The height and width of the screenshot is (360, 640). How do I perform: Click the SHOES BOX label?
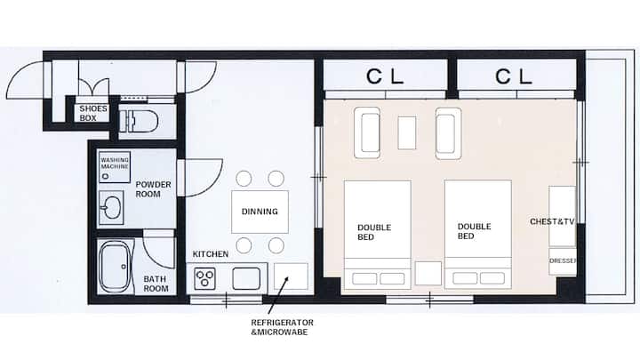pos(93,113)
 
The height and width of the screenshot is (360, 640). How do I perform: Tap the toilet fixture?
pos(139,121)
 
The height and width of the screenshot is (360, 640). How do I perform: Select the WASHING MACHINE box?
pos(115,167)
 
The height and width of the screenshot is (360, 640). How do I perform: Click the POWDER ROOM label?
pos(153,189)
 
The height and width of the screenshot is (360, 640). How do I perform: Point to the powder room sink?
pos(111,208)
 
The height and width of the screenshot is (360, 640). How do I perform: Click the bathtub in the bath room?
pos(115,267)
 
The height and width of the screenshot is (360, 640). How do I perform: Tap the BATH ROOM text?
pos(156,284)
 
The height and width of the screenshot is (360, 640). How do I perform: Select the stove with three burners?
pos(204,278)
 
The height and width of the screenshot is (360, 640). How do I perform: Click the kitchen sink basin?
pos(246,278)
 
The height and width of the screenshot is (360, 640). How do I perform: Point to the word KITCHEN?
pos(210,254)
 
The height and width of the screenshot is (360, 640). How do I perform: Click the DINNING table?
pos(260,212)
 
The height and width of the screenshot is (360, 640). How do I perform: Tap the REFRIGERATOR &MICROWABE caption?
pos(282,327)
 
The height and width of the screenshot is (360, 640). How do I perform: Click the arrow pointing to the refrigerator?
pos(278,295)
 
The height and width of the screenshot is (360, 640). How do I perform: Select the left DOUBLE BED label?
pos(374,232)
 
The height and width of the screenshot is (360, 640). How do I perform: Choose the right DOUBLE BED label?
pos(474,231)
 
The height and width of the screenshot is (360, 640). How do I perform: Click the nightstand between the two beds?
pos(428,274)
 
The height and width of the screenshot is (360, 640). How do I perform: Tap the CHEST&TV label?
pos(552,221)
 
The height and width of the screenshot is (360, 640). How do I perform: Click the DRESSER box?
pos(563,261)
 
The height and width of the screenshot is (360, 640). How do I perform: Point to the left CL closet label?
pos(385,76)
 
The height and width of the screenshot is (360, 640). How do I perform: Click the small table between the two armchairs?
pos(407,132)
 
